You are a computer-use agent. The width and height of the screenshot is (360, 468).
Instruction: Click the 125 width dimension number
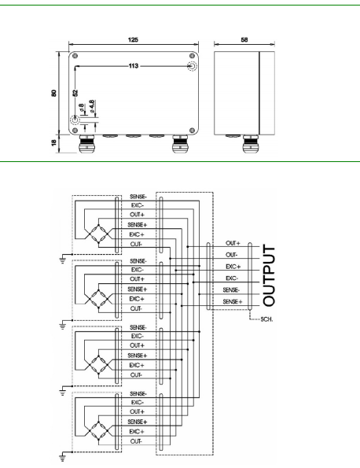(133, 39)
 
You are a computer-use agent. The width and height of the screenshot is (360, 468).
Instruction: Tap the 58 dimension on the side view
(244, 39)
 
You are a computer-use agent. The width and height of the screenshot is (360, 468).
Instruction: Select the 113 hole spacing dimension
(134, 65)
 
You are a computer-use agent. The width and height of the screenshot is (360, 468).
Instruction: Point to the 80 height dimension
(53, 93)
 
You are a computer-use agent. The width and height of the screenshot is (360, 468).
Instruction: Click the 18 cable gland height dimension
(53, 142)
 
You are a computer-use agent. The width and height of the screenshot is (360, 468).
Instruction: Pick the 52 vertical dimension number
(75, 93)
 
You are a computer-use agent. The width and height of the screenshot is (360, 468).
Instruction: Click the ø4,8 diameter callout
(92, 106)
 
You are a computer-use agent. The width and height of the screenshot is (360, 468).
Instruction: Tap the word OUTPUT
(269, 275)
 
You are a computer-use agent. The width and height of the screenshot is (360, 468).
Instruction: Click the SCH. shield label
(266, 319)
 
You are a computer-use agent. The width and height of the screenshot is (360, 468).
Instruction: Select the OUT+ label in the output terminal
(233, 243)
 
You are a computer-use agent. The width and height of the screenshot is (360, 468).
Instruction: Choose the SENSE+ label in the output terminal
(233, 301)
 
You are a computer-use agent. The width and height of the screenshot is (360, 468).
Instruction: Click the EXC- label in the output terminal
(232, 278)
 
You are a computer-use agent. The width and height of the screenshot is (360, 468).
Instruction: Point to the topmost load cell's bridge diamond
(99, 234)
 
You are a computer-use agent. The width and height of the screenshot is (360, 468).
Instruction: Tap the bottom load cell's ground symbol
(63, 457)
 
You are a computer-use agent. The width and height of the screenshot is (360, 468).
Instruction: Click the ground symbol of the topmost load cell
(63, 259)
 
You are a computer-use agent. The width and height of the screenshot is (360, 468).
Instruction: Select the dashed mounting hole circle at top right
(192, 66)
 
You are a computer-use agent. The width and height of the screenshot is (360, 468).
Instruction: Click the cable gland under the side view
(250, 144)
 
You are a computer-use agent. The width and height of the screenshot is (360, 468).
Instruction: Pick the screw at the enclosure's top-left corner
(75, 56)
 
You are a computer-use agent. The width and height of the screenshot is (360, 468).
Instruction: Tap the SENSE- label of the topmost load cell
(138, 197)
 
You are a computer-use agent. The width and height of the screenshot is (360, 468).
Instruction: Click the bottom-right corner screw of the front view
(192, 130)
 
